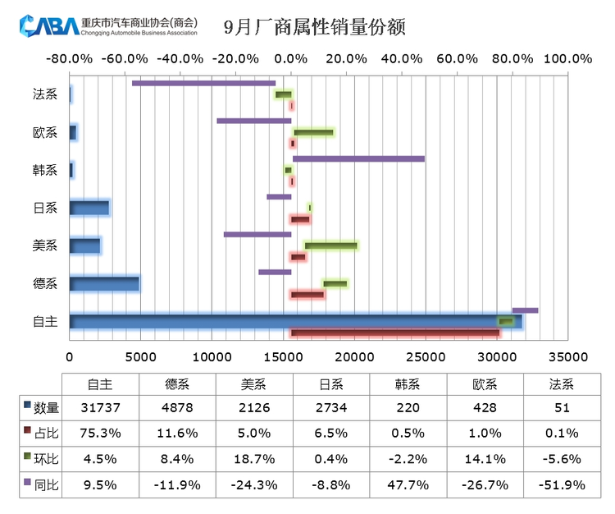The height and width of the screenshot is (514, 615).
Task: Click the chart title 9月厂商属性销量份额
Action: click(315, 27)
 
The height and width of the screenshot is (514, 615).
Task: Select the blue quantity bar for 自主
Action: click(295, 322)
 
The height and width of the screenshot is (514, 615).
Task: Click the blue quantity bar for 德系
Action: click(104, 284)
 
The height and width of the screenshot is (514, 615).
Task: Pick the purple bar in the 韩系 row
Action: click(358, 158)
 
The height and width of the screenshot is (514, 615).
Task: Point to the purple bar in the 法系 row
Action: click(203, 83)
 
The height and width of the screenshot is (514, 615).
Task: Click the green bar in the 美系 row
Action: click(330, 246)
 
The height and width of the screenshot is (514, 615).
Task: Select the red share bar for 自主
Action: click(394, 333)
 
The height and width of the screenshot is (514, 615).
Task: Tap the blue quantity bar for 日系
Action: click(89, 208)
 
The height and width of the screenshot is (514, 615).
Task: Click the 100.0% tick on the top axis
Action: click(567, 59)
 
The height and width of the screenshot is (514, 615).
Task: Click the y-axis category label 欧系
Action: click(45, 133)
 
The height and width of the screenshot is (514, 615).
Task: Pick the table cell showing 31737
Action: click(101, 408)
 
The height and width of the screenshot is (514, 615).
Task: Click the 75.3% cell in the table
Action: click(101, 434)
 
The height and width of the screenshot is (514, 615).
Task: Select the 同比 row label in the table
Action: click(45, 484)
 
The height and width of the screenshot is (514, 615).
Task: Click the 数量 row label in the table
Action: click(45, 408)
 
